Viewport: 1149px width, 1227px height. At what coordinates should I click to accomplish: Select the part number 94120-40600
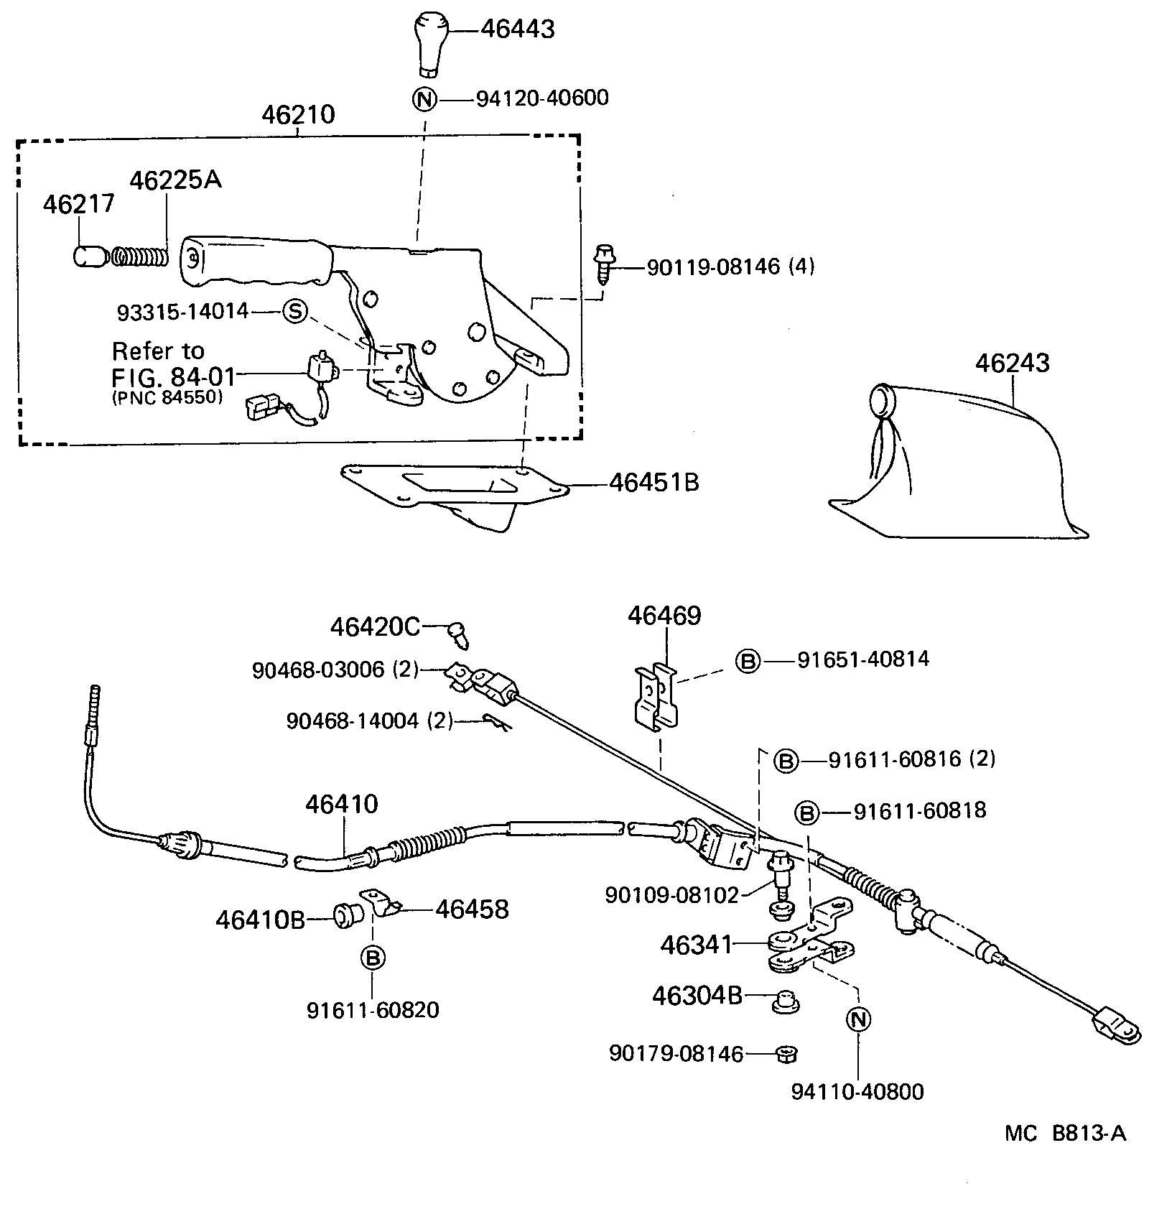point(542,98)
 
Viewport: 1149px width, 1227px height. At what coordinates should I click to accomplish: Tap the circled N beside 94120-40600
point(425,98)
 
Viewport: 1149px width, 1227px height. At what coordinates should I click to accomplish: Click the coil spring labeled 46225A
point(139,256)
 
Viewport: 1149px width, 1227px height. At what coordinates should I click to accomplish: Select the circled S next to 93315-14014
point(294,311)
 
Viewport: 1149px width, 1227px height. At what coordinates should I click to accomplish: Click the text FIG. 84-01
point(173,376)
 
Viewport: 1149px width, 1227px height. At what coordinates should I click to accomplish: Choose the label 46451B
point(653,482)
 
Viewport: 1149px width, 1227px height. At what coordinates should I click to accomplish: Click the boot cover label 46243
point(1012,363)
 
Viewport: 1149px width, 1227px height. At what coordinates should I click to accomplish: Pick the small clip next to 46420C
point(455,633)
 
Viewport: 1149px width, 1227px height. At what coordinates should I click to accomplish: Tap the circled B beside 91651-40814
point(748,660)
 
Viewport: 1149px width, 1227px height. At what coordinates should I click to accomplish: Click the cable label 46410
point(341,803)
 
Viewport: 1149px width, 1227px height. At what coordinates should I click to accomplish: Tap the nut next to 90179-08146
point(787,1054)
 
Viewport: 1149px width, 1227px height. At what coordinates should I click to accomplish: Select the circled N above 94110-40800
point(858,1019)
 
